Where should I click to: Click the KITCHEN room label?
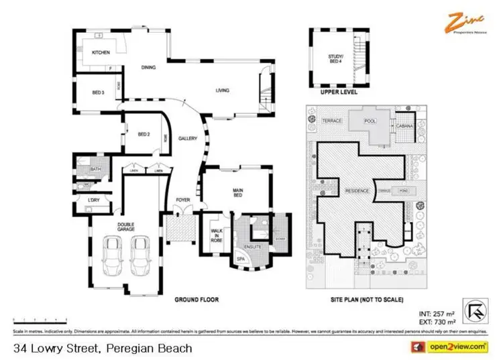point(101,52)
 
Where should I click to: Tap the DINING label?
point(149,68)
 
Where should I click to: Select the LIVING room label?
point(223,90)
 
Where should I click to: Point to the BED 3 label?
point(98,93)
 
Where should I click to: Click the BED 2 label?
point(144,134)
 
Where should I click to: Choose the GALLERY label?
point(187,139)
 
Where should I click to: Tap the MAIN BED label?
point(237,192)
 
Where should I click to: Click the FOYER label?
point(182,199)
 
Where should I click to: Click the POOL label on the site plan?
point(369,121)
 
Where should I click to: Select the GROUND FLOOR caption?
point(197,300)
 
